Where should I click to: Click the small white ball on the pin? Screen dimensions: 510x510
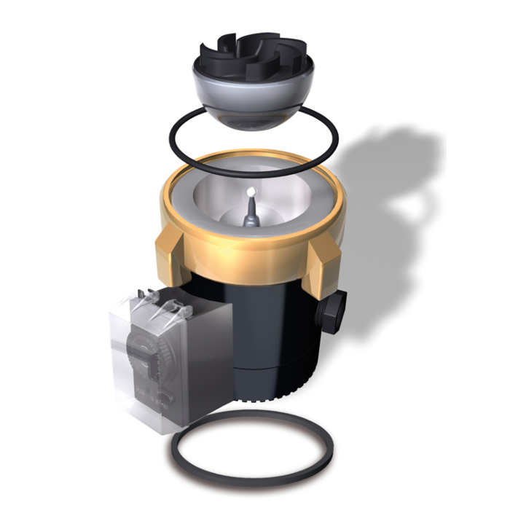(x=251, y=191)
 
